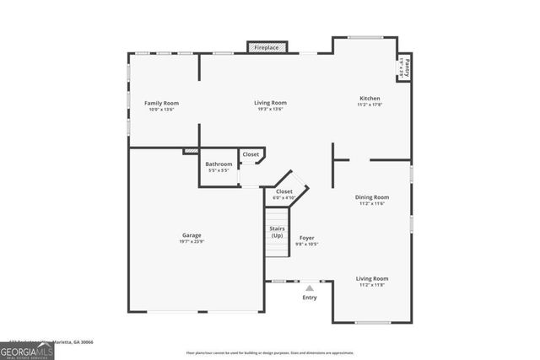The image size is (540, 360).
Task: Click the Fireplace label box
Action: tap(267, 48)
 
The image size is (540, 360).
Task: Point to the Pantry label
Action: tap(405, 66)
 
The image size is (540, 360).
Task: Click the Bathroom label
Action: tap(219, 164)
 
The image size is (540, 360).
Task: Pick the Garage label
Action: tap(192, 235)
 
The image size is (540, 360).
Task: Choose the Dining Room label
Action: tap(372, 197)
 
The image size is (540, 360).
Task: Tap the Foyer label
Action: tap(307, 238)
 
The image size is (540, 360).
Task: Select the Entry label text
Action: tap(310, 298)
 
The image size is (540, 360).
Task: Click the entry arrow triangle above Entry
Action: tap(310, 288)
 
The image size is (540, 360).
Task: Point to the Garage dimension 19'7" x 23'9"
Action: tap(192, 242)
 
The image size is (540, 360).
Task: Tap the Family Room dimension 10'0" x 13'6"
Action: tap(161, 110)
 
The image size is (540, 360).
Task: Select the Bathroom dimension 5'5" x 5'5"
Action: tap(219, 170)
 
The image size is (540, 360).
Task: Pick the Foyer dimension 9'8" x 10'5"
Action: tap(307, 244)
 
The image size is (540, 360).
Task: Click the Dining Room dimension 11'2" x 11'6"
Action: tap(372, 204)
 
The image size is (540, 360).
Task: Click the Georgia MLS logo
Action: tap(27, 351)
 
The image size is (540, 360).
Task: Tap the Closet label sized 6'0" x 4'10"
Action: tap(284, 191)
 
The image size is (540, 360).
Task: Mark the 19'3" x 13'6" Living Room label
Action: tap(271, 103)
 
